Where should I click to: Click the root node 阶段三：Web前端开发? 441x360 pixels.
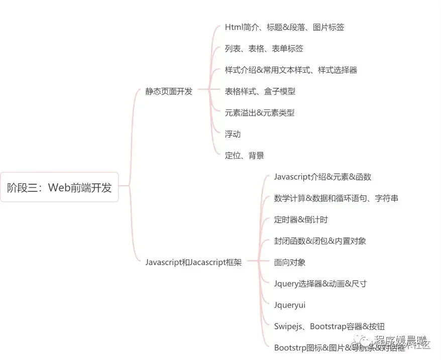tap(59, 188)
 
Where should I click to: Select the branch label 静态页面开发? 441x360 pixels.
tap(169, 91)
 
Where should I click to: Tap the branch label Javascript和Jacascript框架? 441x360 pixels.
tap(193, 263)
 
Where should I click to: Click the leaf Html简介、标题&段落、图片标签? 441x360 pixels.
tap(284, 28)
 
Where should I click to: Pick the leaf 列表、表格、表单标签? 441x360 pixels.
tap(264, 49)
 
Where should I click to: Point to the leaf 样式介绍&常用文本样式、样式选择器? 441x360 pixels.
tap(291, 70)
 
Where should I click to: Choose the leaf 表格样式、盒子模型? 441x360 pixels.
tap(260, 91)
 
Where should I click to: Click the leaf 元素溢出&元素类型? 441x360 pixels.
tap(259, 113)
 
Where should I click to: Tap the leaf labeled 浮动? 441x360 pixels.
tap(233, 134)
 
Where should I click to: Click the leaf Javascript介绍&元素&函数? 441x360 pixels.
tap(322, 177)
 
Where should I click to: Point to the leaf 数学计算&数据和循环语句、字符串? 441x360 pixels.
tap(336, 198)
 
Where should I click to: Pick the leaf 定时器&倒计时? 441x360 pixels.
tap(301, 219)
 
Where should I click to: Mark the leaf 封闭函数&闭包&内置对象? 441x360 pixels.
tap(320, 241)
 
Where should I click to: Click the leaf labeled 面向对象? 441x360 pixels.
tap(290, 262)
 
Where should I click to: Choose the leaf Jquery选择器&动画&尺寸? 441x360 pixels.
tap(320, 284)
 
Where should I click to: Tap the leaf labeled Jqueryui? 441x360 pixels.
tap(290, 305)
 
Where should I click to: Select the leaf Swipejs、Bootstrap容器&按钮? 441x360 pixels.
tap(329, 326)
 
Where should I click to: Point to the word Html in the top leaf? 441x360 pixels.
tap(233, 28)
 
